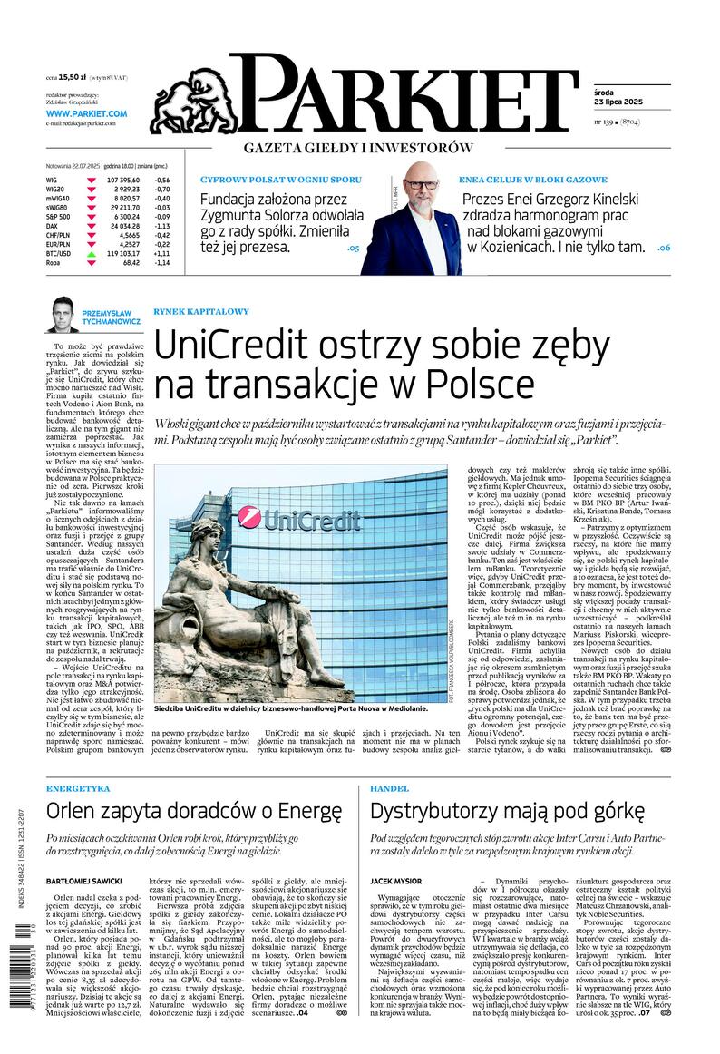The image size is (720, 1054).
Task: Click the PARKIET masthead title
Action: click(x=404, y=94)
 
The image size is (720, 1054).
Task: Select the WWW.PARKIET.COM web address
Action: click(x=86, y=113)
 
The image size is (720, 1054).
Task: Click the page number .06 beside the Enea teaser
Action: click(x=663, y=248)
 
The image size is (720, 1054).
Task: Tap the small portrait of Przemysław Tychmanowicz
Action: click(x=62, y=314)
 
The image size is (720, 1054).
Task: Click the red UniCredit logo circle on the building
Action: click(x=249, y=518)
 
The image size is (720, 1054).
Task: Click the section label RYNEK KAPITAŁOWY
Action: click(x=200, y=311)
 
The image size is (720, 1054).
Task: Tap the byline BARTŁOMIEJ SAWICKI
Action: click(x=84, y=881)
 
